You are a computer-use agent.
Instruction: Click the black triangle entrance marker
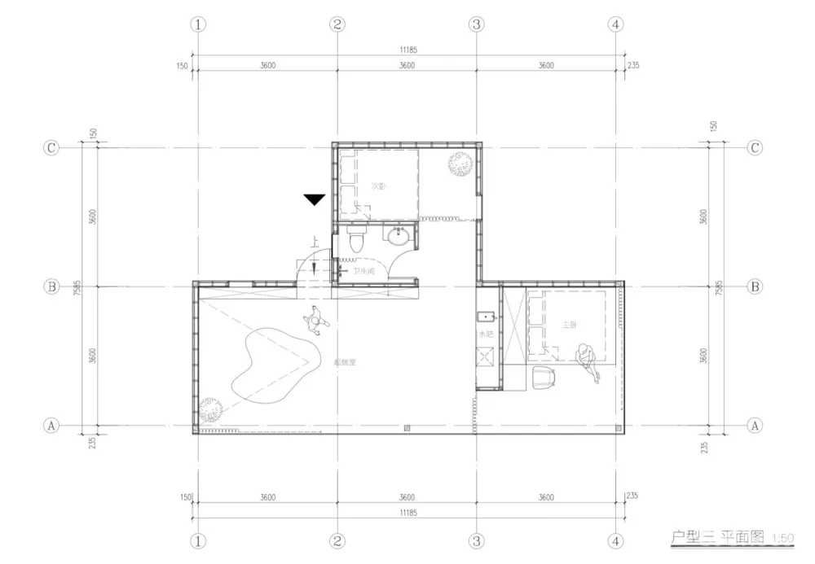pyautogui.click(x=314, y=199)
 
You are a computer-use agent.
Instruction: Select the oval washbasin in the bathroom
pyautogui.click(x=398, y=238)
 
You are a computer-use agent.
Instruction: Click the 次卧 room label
pyautogui.click(x=378, y=186)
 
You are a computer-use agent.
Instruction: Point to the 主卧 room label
pyautogui.click(x=570, y=325)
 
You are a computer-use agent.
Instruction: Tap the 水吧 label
pyautogui.click(x=486, y=334)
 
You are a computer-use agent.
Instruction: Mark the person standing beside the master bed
pyautogui.click(x=587, y=360)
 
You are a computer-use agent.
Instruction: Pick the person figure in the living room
pyautogui.click(x=315, y=321)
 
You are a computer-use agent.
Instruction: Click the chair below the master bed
pyautogui.click(x=543, y=378)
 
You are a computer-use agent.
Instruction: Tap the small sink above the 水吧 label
pyautogui.click(x=486, y=317)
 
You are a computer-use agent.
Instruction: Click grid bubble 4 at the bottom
pyautogui.click(x=616, y=540)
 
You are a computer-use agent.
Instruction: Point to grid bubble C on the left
pyautogui.click(x=51, y=148)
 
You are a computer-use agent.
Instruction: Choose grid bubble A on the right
pyautogui.click(x=755, y=425)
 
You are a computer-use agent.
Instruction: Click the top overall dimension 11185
pyautogui.click(x=407, y=50)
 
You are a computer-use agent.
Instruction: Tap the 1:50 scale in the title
pyautogui.click(x=782, y=538)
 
